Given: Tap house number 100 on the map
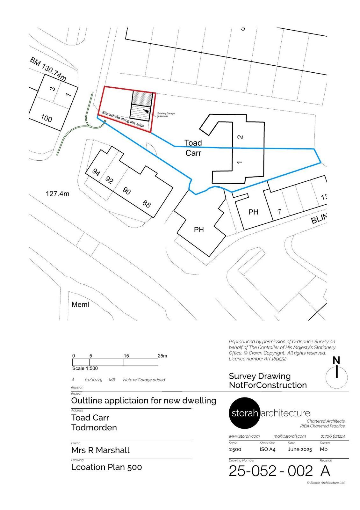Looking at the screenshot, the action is click(x=47, y=118).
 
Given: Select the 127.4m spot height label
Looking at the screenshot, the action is click(x=57, y=194).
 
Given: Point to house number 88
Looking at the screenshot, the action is click(x=147, y=204).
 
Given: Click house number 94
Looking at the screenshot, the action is click(x=96, y=172).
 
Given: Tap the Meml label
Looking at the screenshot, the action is click(x=80, y=305).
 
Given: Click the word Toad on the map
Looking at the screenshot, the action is click(x=193, y=143).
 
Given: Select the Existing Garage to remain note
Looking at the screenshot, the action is click(x=166, y=114).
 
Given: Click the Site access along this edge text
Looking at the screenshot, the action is click(x=123, y=119).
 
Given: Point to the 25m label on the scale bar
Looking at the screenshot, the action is click(x=162, y=356).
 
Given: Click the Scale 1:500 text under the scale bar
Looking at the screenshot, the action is click(x=85, y=368).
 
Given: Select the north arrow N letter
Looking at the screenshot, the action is click(x=336, y=361).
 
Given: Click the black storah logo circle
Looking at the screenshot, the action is click(x=244, y=413).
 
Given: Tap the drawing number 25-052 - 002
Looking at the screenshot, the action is click(x=270, y=471).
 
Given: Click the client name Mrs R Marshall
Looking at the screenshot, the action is click(x=100, y=450).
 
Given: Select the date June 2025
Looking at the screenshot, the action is click(x=300, y=449).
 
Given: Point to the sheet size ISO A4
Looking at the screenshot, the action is click(x=267, y=449).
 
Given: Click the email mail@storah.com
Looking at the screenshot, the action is click(x=290, y=436).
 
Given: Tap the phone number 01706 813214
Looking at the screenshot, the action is click(x=333, y=436).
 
